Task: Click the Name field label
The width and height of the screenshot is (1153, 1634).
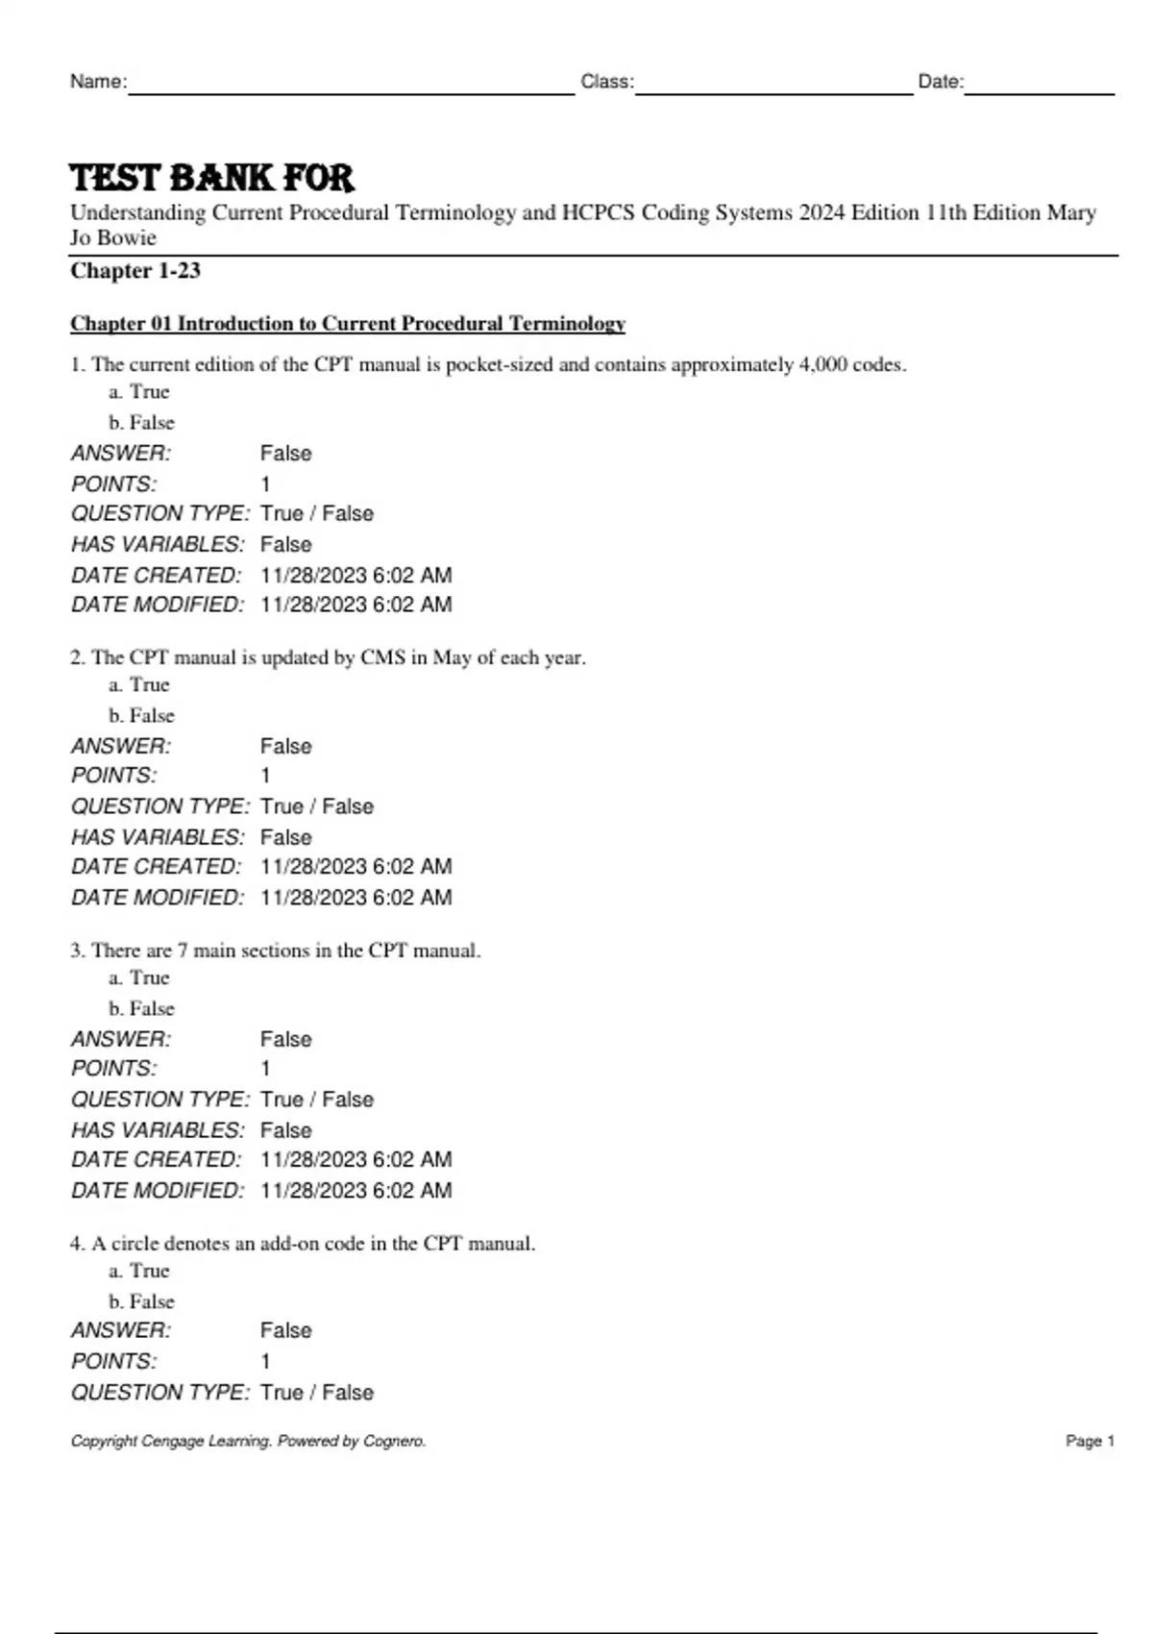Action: [98, 82]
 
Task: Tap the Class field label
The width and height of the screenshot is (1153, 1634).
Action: [607, 82]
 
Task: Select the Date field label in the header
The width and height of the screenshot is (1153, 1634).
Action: [941, 82]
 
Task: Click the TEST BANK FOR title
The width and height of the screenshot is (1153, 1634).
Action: [212, 178]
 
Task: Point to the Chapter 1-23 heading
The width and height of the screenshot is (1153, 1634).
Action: [135, 271]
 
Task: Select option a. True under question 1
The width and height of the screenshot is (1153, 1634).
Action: [139, 392]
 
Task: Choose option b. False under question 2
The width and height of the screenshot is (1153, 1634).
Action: [141, 716]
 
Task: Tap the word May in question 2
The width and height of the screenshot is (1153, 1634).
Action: [452, 658]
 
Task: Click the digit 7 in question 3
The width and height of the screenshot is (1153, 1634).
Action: [183, 951]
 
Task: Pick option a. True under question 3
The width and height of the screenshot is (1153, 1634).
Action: [139, 978]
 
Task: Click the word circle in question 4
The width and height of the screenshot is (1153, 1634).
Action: [135, 1244]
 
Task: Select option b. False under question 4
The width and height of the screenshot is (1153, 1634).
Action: [141, 1301]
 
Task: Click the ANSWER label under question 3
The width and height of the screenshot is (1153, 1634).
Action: [121, 1039]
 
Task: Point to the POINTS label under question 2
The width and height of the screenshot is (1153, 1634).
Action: [114, 776]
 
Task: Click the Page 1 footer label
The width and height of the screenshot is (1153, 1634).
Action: [1090, 1441]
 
